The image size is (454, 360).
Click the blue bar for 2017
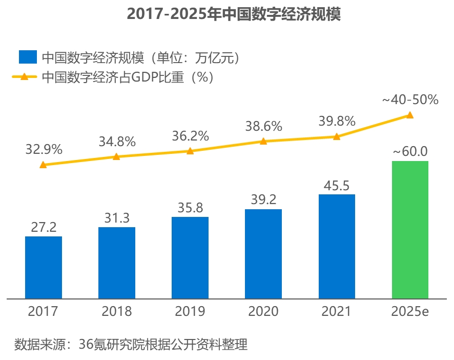click(x=44, y=267)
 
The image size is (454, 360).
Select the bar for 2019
click(x=190, y=257)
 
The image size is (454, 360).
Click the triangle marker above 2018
click(x=116, y=156)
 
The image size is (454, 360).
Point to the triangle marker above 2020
click(x=263, y=141)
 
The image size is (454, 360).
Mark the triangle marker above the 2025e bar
click(x=410, y=115)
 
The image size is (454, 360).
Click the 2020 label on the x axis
click(x=263, y=311)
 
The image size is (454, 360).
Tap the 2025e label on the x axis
click(x=410, y=311)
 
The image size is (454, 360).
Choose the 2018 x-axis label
click(x=116, y=311)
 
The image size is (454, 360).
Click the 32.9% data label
click(x=44, y=150)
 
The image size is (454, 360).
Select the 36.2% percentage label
click(x=190, y=136)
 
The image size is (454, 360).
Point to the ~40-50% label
click(x=410, y=100)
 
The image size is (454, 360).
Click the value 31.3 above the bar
click(x=116, y=218)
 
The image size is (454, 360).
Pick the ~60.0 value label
click(x=410, y=152)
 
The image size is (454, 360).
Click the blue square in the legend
click(x=28, y=57)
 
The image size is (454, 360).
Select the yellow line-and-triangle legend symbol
click(x=24, y=77)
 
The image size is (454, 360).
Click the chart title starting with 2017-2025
click(x=234, y=14)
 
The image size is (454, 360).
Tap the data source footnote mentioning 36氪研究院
click(x=131, y=344)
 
